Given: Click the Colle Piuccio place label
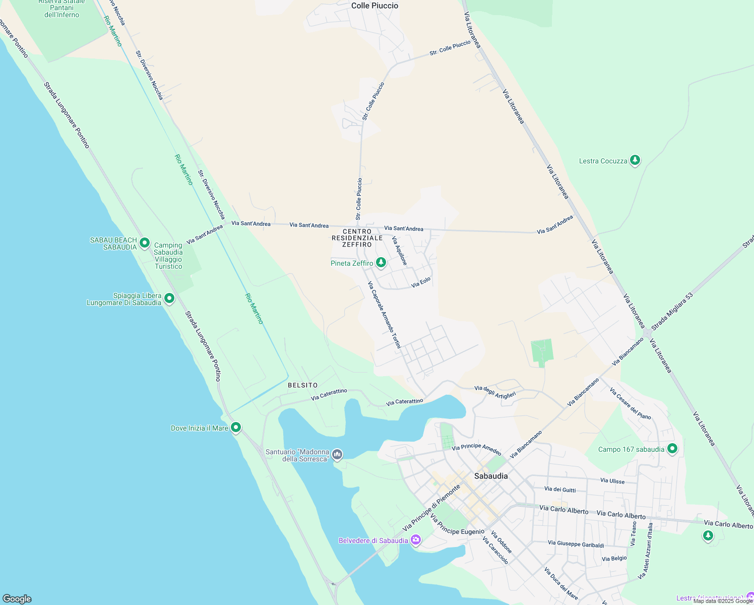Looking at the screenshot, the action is click(x=374, y=6).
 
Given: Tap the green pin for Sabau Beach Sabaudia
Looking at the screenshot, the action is click(x=145, y=243).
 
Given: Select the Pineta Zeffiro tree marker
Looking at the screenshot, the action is click(x=381, y=263).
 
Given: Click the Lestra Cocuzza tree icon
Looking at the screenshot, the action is click(x=635, y=160).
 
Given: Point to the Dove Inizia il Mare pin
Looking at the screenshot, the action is click(x=235, y=428).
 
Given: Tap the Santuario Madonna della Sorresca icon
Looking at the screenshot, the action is click(x=337, y=455).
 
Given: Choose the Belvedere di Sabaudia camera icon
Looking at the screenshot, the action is click(x=416, y=540).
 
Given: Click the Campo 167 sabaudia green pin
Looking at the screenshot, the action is click(x=672, y=448).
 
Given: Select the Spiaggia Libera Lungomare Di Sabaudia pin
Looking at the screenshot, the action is click(x=169, y=298).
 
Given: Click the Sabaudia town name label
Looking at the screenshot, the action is click(x=491, y=476).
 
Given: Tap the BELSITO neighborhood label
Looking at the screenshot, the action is click(x=302, y=385).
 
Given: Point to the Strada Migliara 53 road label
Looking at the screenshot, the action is click(x=672, y=311).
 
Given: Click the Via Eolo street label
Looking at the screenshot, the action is click(x=421, y=282).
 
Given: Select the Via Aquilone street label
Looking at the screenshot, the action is click(x=399, y=251).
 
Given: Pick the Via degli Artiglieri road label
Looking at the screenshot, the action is click(x=495, y=392).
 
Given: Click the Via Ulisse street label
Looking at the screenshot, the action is click(x=612, y=481).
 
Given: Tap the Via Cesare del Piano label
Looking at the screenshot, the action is click(x=630, y=403).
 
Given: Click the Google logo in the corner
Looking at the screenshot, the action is click(x=17, y=599).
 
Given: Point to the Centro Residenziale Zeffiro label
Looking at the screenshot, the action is click(x=357, y=238).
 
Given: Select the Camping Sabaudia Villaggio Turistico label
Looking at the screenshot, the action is click(x=168, y=256).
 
